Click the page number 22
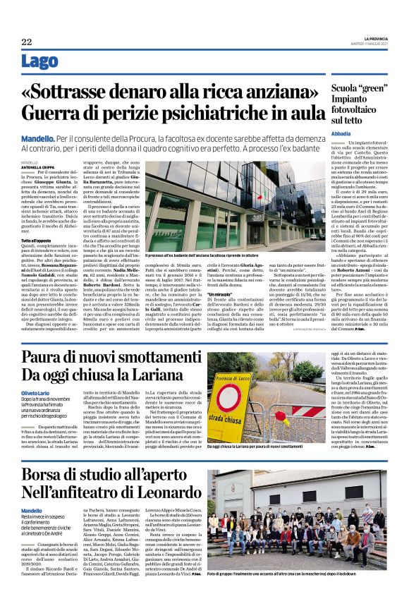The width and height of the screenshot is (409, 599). tap(27, 42)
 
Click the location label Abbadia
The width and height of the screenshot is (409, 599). tap(342, 133)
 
